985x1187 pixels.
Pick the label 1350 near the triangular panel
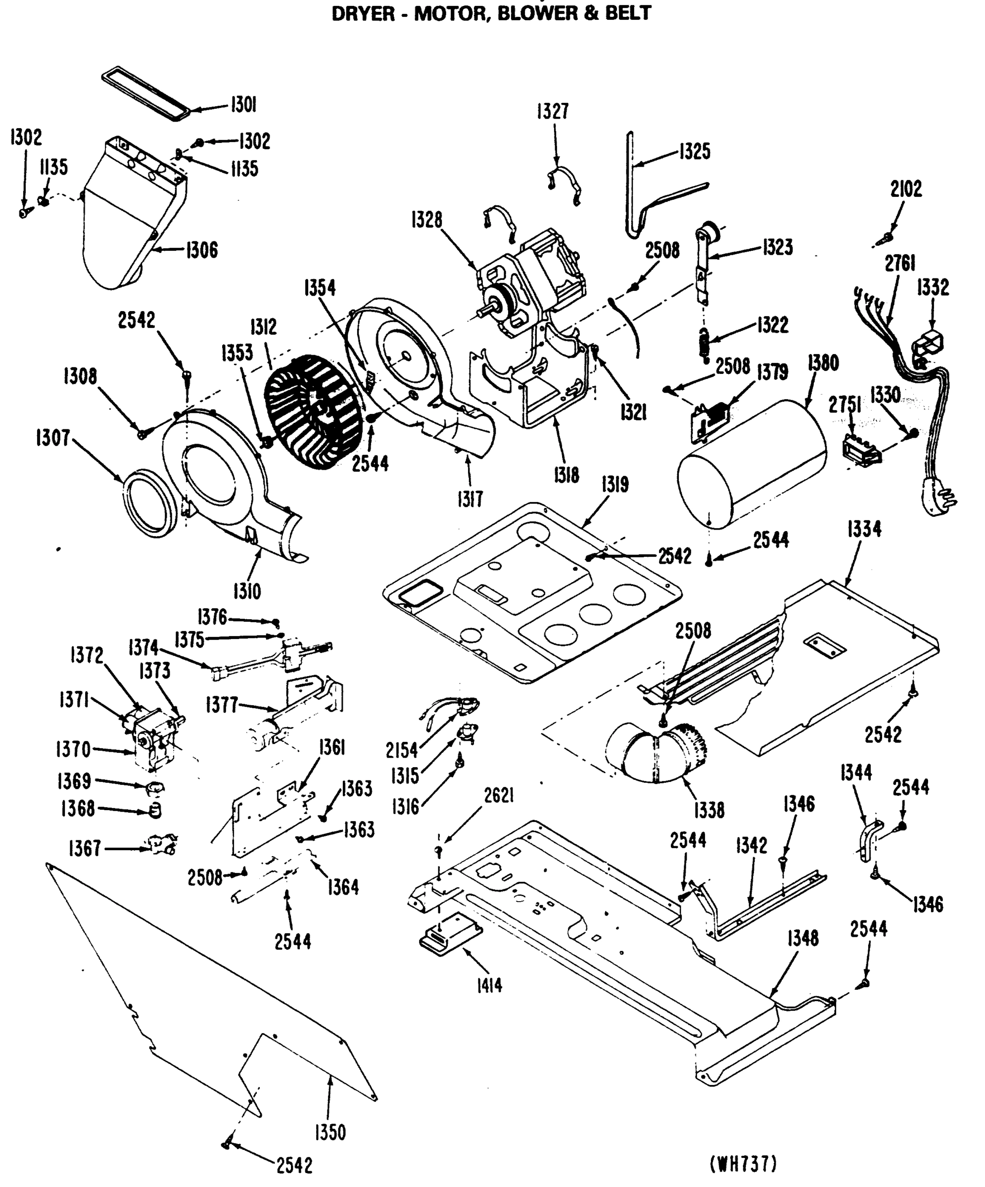pyautogui.click(x=330, y=1133)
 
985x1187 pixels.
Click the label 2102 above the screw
pyautogui.click(x=906, y=189)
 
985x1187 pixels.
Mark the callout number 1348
pyautogui.click(x=803, y=938)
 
